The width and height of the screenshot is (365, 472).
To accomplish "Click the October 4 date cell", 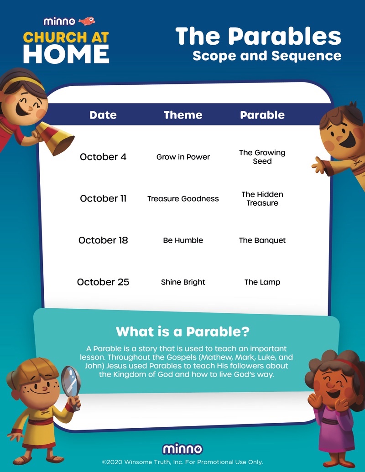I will (x=103, y=157).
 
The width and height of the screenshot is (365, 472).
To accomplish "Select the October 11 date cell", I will (x=103, y=198).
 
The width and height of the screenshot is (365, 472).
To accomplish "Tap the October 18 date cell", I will (x=103, y=240).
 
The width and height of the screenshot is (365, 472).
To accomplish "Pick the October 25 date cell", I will (x=103, y=282).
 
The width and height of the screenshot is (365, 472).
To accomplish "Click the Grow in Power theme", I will (x=183, y=157).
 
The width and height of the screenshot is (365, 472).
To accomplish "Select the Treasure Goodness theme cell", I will (x=183, y=198).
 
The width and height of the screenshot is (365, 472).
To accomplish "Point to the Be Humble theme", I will (x=183, y=240).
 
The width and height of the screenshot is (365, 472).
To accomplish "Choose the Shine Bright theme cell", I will (x=183, y=282).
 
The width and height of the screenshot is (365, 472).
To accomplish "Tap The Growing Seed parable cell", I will (x=262, y=157).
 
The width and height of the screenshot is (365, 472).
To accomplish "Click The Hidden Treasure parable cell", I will (x=262, y=198).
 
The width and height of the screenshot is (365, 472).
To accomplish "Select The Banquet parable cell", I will (x=262, y=240).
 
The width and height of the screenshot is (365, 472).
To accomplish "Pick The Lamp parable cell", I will (x=262, y=282).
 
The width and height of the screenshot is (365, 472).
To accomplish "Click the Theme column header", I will (x=183, y=115).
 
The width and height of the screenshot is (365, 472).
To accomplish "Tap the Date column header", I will (x=103, y=115).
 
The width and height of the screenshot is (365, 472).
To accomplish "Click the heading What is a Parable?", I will (x=182, y=331).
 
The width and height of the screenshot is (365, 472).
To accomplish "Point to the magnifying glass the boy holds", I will (x=70, y=381).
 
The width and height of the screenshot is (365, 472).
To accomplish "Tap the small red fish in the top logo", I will (x=87, y=21).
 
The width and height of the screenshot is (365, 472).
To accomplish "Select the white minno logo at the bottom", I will (x=182, y=448).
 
